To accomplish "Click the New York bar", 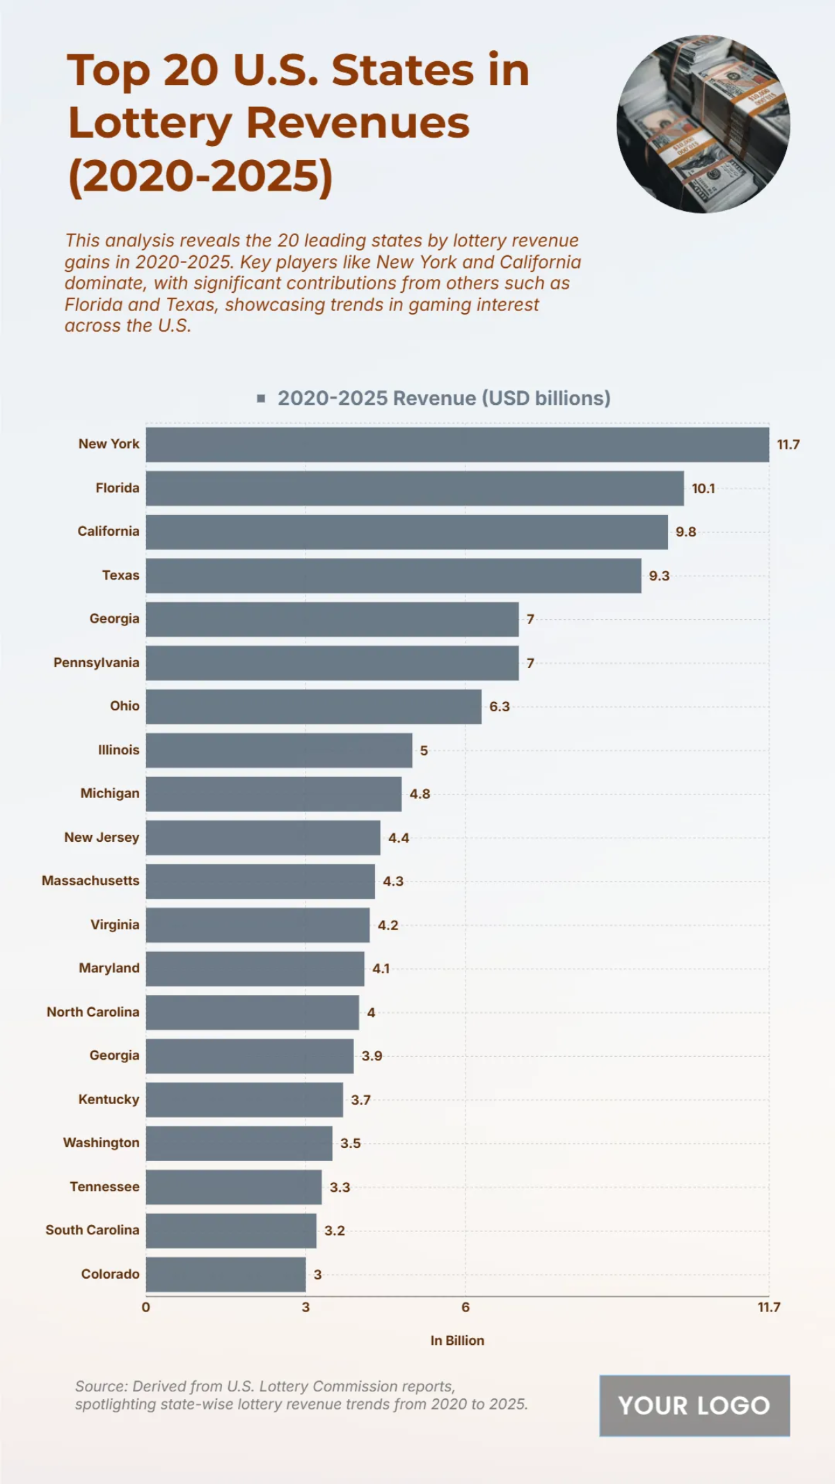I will (x=457, y=445).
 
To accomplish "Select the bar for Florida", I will (x=415, y=488).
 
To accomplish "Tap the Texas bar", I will (x=393, y=575).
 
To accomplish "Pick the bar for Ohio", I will (x=313, y=707).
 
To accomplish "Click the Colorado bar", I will (x=225, y=1275).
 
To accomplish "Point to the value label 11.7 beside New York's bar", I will (x=788, y=445).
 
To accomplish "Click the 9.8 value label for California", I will (x=685, y=532).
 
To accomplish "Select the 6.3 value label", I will (x=499, y=707).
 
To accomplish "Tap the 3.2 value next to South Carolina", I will (x=334, y=1231).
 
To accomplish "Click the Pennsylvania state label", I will (x=96, y=663).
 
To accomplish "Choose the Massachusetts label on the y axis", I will (x=90, y=881).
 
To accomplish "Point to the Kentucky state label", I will (x=109, y=1100).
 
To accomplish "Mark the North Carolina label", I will (x=93, y=1012).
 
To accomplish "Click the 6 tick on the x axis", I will (x=466, y=1307).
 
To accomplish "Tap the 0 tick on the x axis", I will (x=145, y=1307).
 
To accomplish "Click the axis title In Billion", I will (x=457, y=1341).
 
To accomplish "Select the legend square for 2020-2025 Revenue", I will (x=261, y=399).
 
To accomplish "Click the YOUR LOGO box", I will (x=694, y=1405).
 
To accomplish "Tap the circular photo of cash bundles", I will (x=703, y=124).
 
